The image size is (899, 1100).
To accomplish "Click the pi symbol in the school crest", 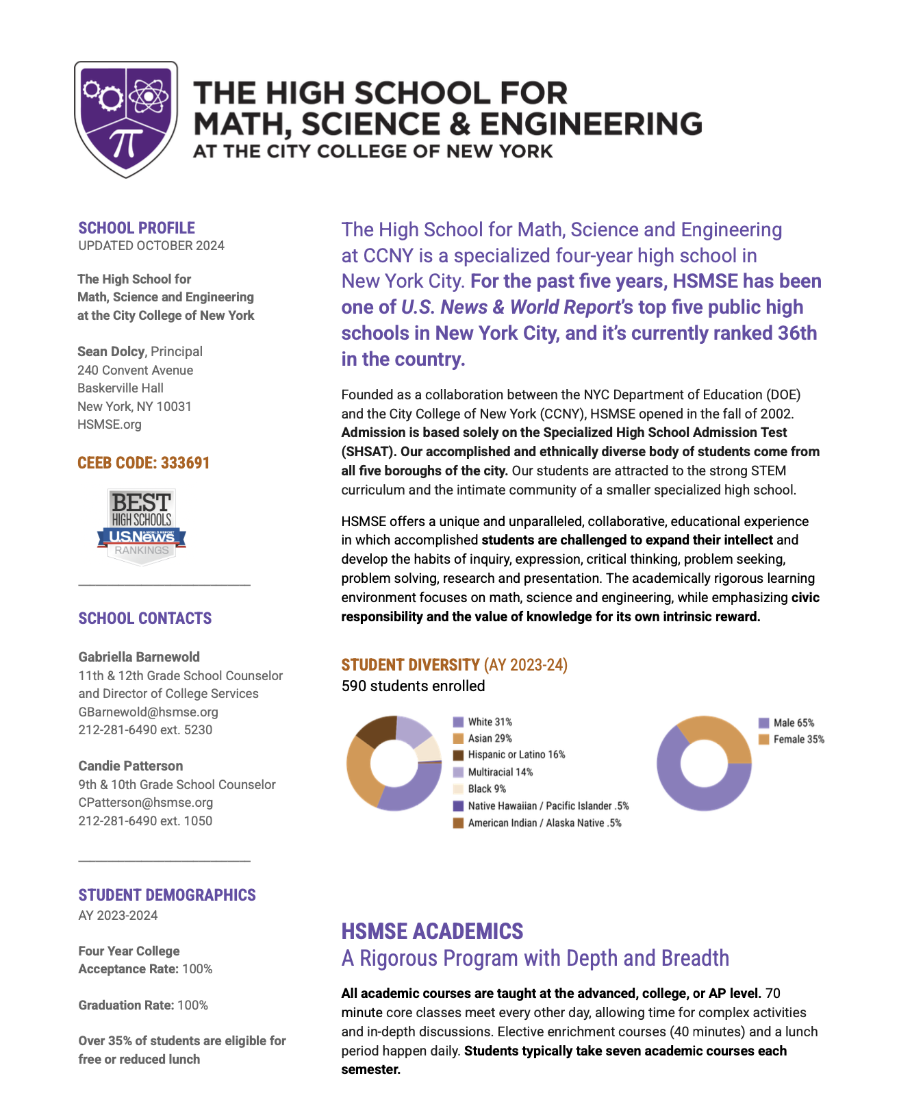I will pyautogui.click(x=127, y=142).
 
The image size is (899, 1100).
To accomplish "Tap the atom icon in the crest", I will pyautogui.click(x=148, y=97).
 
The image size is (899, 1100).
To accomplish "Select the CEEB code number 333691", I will pyautogui.click(x=186, y=463).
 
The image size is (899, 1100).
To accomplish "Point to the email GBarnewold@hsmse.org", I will pyautogui.click(x=148, y=712).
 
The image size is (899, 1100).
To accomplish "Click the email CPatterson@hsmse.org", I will pyautogui.click(x=145, y=802).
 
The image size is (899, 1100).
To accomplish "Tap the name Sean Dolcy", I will pyautogui.click(x=111, y=351).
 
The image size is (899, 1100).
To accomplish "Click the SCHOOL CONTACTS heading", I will pyautogui.click(x=145, y=618).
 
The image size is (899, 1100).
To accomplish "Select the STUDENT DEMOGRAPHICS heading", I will pyautogui.click(x=167, y=895).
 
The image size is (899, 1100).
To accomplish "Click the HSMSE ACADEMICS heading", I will pyautogui.click(x=432, y=932).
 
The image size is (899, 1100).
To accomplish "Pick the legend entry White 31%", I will pyautogui.click(x=490, y=722).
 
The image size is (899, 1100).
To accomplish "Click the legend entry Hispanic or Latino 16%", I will pyautogui.click(x=516, y=755).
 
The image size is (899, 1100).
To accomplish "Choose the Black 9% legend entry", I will pyautogui.click(x=486, y=789).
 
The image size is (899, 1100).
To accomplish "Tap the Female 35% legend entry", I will pyautogui.click(x=798, y=740).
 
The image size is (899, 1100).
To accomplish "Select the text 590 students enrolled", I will pyautogui.click(x=413, y=686).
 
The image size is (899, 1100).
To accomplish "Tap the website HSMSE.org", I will pyautogui.click(x=110, y=425).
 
